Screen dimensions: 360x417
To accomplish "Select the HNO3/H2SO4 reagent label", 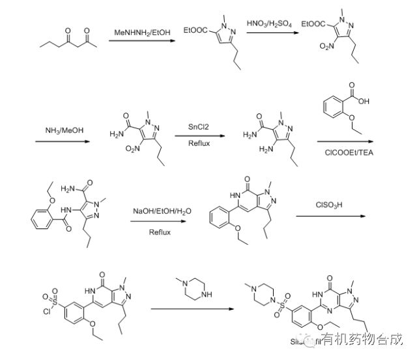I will (x=270, y=24).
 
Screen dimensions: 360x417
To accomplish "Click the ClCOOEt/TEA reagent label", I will (x=345, y=152).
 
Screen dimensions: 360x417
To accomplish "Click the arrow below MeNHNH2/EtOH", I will (x=141, y=41).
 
